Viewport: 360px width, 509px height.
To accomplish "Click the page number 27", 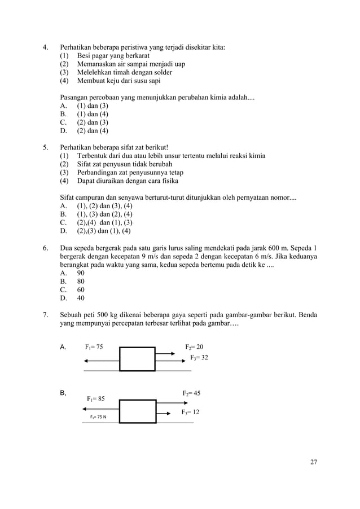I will click(314, 463).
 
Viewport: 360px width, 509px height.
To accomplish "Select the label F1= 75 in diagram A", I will click(94, 347).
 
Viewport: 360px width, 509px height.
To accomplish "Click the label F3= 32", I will click(199, 358).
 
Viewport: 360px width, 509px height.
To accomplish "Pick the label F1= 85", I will click(95, 399).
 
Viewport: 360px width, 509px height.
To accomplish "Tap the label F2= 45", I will click(191, 393).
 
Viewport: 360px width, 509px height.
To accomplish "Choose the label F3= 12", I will click(190, 413).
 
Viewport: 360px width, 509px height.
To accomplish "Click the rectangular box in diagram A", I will click(137, 359).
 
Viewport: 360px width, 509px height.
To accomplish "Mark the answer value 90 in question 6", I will click(81, 272).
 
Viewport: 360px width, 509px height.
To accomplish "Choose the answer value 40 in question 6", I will click(81, 298).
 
